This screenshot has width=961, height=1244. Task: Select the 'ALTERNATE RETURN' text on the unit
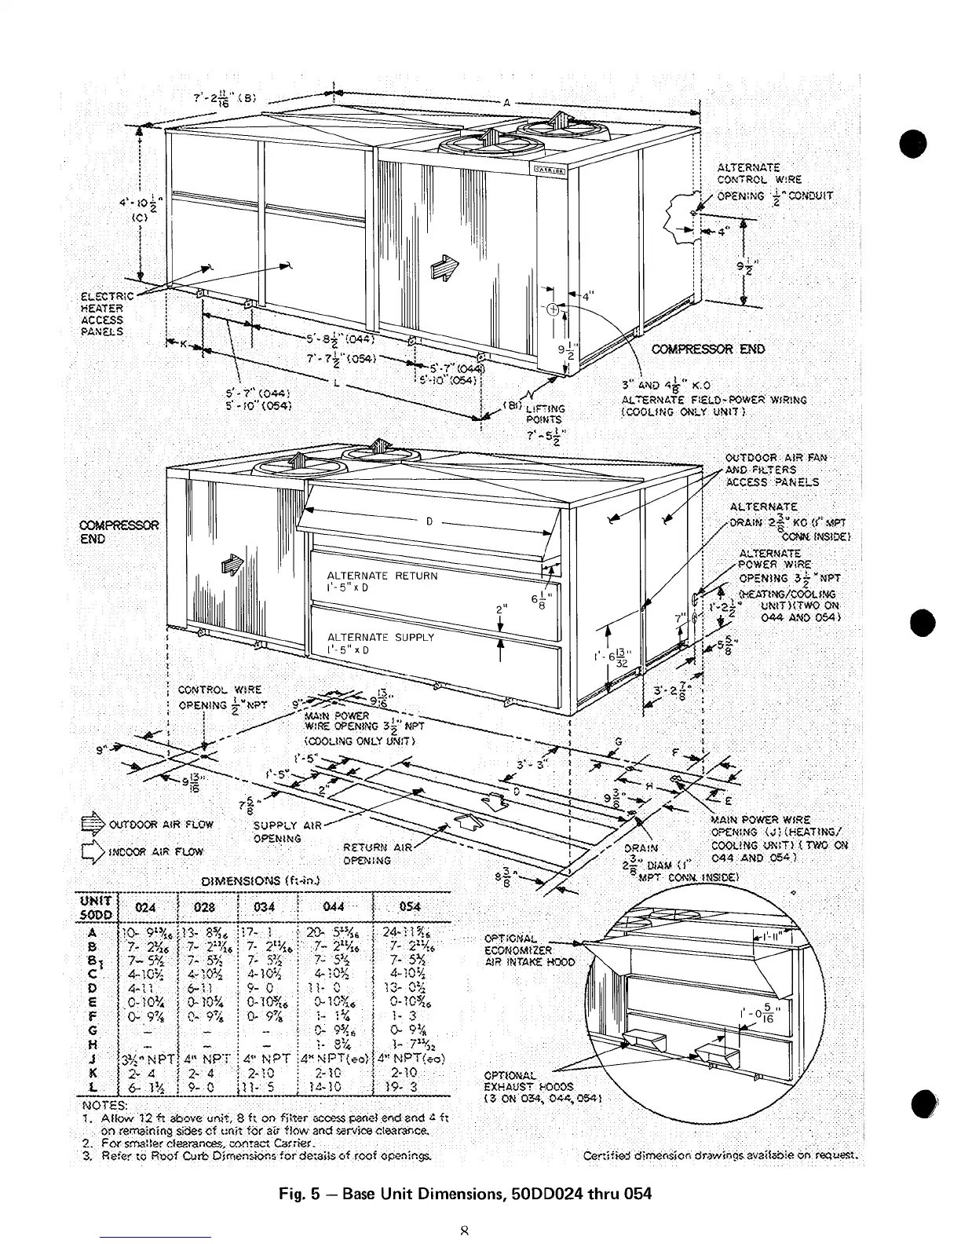382,576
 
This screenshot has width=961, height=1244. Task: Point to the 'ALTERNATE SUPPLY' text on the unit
380,637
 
